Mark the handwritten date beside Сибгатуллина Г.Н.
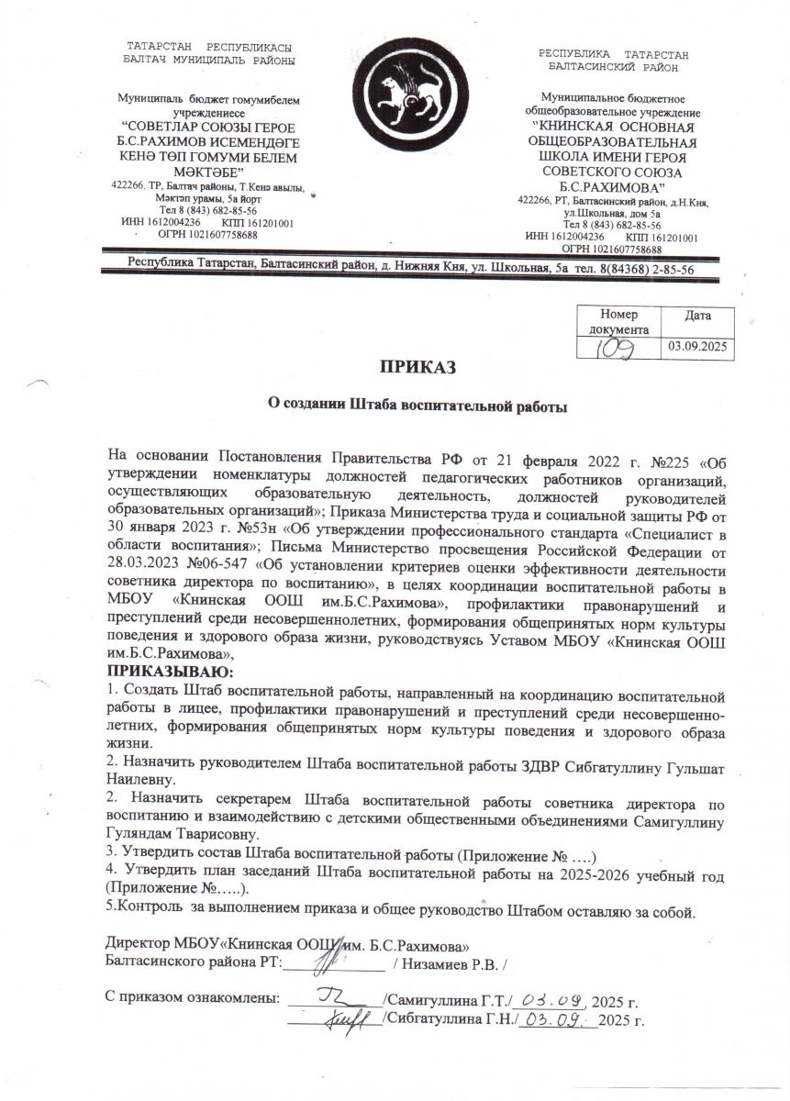[556, 1018]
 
